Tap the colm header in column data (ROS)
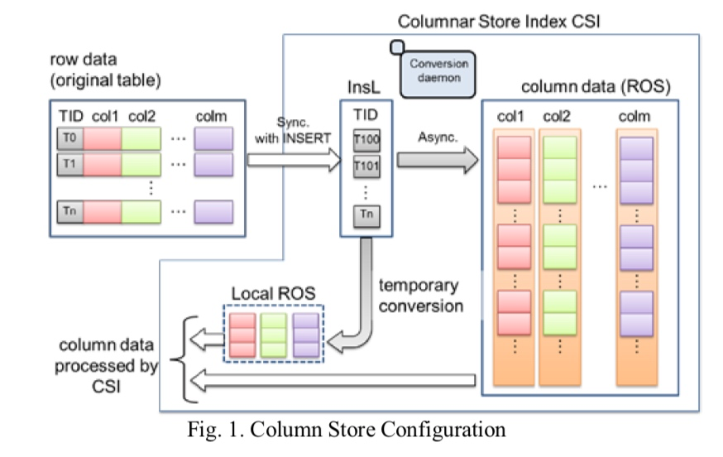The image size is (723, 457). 634,117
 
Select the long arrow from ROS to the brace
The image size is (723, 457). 331,381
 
